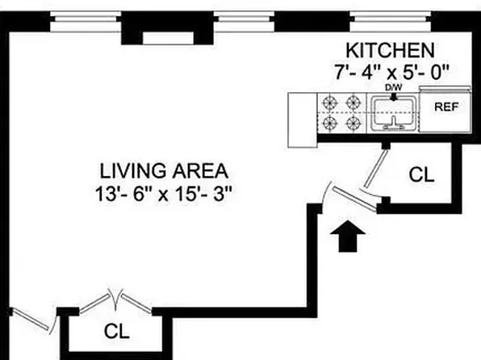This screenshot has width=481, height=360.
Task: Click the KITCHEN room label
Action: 390,51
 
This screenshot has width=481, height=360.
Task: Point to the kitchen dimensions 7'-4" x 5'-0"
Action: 391,72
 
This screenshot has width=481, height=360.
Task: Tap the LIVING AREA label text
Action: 164,171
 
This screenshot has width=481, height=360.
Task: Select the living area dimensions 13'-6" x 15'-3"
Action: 164,194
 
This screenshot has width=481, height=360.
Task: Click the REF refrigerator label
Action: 446,107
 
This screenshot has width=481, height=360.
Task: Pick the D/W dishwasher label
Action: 394,88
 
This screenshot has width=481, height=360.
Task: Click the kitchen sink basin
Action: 394,113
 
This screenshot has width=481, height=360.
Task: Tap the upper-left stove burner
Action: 330,103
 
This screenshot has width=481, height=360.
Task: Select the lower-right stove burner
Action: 353,123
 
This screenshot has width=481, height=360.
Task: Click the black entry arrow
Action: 348,236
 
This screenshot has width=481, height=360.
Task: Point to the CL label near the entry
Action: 421,175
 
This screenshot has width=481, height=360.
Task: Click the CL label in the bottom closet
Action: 116,332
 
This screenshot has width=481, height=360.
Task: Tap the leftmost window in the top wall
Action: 86,22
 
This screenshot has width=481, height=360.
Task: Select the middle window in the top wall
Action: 244,22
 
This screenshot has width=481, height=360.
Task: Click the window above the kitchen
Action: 391,22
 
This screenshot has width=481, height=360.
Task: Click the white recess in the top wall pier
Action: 168,38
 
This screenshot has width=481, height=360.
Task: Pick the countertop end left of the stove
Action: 303,120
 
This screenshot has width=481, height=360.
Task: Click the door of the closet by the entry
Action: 376,168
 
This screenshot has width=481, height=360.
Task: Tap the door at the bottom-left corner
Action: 31,320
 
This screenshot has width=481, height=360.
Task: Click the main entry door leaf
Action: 355,199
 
